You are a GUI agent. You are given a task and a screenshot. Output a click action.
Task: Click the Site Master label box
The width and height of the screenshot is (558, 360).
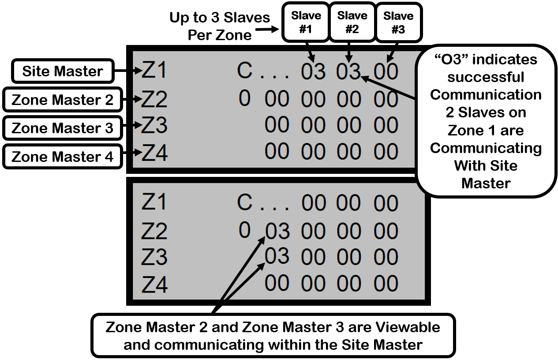[63, 71]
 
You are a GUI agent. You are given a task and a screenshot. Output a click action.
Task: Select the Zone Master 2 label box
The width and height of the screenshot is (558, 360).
[63, 100]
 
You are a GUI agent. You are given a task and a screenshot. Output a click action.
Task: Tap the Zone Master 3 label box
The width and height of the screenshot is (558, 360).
[63, 128]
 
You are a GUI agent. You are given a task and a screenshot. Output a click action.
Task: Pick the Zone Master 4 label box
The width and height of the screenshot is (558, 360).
[63, 157]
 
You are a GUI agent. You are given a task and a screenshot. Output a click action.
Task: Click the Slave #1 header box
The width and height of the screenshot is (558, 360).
[306, 22]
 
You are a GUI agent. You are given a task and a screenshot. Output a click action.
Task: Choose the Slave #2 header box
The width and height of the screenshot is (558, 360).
[352, 22]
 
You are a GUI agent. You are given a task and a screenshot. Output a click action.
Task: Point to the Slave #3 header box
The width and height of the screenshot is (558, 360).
[398, 22]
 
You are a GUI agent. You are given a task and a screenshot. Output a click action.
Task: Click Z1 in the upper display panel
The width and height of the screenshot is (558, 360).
[154, 71]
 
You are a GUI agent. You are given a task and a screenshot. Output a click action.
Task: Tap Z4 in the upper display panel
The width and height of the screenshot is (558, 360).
[154, 154]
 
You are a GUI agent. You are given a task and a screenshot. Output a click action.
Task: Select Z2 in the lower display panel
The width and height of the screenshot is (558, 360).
[154, 231]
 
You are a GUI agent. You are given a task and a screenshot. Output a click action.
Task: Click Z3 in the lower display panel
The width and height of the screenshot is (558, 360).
[154, 257]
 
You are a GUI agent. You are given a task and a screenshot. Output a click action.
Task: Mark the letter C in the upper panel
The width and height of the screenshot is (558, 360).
[245, 71]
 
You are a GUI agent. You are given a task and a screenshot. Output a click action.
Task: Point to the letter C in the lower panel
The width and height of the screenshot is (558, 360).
[245, 202]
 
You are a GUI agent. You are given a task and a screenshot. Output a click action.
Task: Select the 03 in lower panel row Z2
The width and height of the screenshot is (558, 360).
[277, 232]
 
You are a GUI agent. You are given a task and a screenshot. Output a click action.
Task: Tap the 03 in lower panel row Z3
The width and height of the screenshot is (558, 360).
[277, 256]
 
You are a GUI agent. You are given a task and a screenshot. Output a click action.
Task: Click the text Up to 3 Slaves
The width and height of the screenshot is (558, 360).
[219, 18]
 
